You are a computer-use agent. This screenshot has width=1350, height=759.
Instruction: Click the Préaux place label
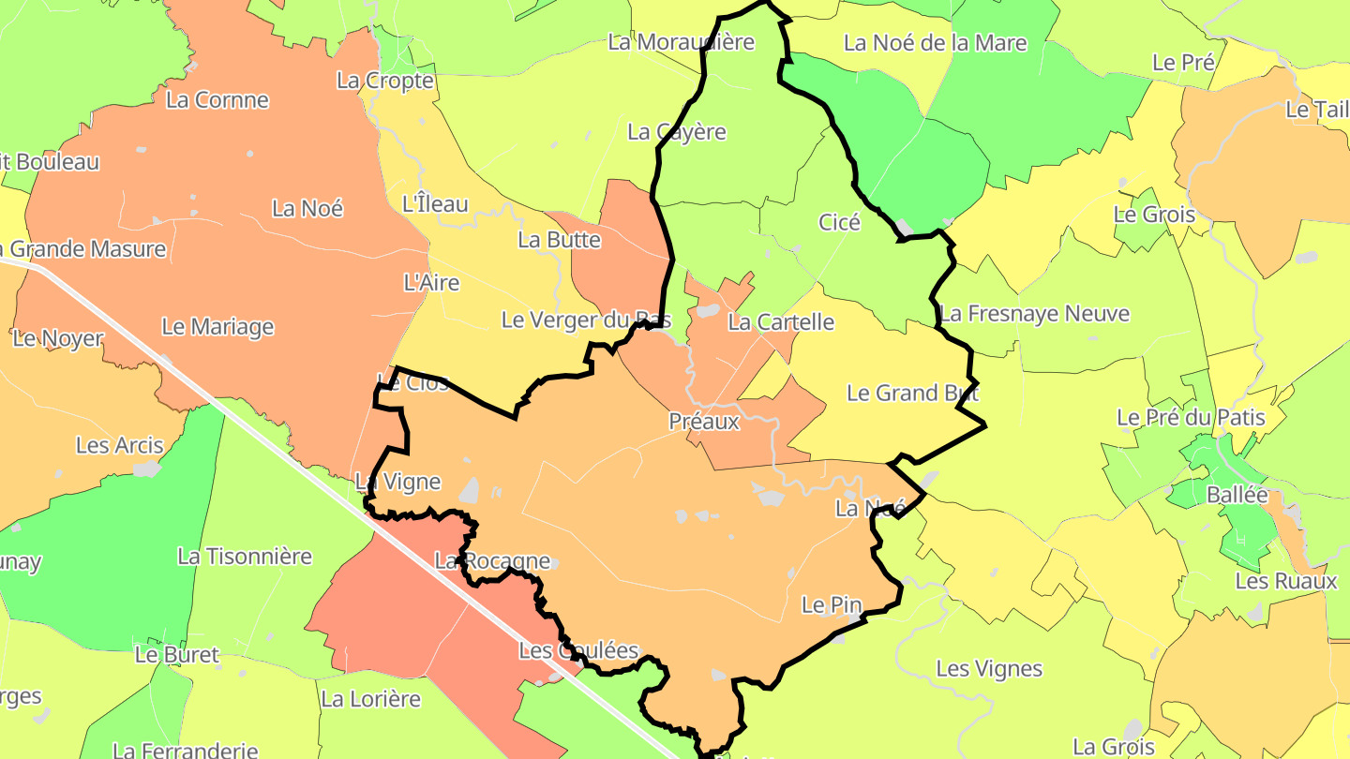[x=704, y=422]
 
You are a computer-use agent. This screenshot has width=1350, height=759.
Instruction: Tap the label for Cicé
[x=839, y=222]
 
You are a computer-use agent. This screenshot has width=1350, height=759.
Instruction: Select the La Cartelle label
[x=781, y=322]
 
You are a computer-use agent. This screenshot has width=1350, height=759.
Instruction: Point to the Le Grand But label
[x=912, y=393]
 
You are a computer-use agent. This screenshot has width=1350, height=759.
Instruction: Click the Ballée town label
[x=1237, y=495]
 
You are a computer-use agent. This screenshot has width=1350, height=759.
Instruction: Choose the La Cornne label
[x=217, y=100]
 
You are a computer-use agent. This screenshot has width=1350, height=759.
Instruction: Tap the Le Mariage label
[x=217, y=327]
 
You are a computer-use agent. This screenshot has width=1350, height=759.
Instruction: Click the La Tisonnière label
[x=245, y=557]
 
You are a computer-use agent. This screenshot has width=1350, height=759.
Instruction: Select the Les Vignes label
[x=989, y=669]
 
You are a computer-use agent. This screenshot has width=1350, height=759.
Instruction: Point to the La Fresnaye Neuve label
[x=1035, y=314]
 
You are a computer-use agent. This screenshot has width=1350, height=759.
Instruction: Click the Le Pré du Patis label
[x=1191, y=417]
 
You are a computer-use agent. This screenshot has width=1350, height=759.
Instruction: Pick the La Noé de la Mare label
[x=935, y=43]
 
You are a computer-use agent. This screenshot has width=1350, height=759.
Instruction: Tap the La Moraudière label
[x=681, y=42]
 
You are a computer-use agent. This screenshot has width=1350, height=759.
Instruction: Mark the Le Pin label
[x=832, y=605]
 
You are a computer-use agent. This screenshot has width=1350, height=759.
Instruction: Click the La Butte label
[x=559, y=240]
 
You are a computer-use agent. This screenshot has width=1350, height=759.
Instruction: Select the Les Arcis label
[x=119, y=446]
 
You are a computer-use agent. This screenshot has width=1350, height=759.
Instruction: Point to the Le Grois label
[x=1154, y=215]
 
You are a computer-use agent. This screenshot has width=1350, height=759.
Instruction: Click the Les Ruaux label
[x=1285, y=581]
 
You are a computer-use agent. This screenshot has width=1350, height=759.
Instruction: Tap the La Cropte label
[x=385, y=81]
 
